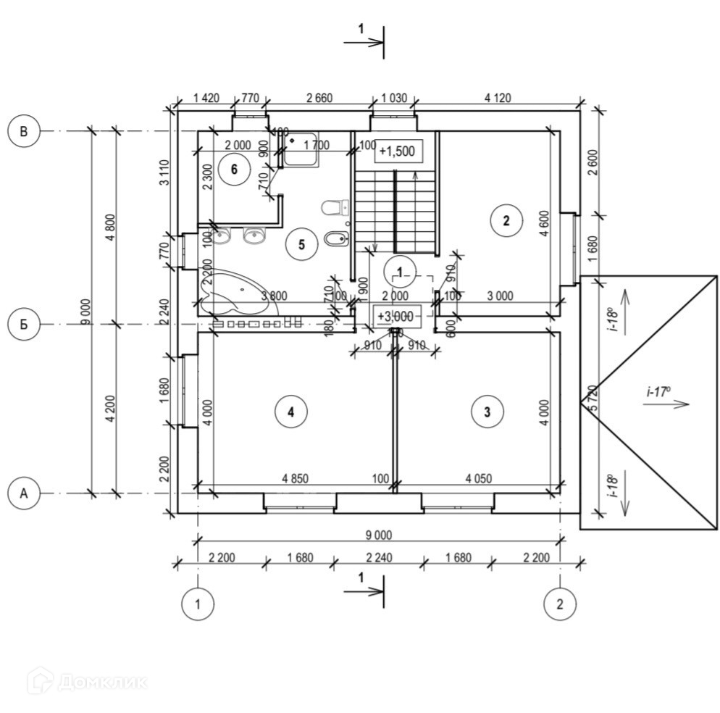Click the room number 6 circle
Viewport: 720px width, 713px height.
coord(233,170)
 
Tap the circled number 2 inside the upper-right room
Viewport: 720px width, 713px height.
coord(506,221)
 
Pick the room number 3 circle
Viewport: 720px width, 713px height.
coord(487,412)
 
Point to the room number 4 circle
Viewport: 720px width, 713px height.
coord(290,412)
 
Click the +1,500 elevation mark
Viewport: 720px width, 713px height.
coord(396,151)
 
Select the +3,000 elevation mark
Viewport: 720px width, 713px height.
coord(395,316)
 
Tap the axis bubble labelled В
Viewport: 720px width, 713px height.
coord(24,131)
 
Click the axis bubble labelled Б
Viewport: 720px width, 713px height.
coord(24,324)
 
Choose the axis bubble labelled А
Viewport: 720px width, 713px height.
coord(24,493)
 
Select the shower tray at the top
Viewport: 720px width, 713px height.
coord(300,149)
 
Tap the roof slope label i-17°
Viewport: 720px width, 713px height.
coord(658,391)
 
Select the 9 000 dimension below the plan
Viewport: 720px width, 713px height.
coord(378,535)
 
